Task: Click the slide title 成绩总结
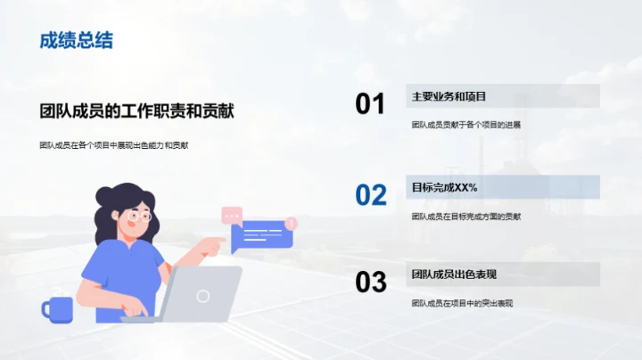tap(76, 41)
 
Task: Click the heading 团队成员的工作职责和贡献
tap(137, 111)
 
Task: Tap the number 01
tap(370, 104)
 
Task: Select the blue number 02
tap(370, 194)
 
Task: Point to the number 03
tap(370, 282)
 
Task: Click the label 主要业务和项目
tap(449, 96)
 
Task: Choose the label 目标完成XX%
tap(445, 187)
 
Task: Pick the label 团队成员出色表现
tap(453, 274)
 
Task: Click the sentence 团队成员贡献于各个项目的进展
tap(465, 125)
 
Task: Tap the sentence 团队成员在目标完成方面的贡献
tap(466, 216)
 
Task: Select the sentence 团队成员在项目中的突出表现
tap(462, 304)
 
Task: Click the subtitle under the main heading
tap(114, 144)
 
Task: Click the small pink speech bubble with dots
tap(232, 215)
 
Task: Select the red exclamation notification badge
tap(292, 224)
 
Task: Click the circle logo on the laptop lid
tap(203, 295)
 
